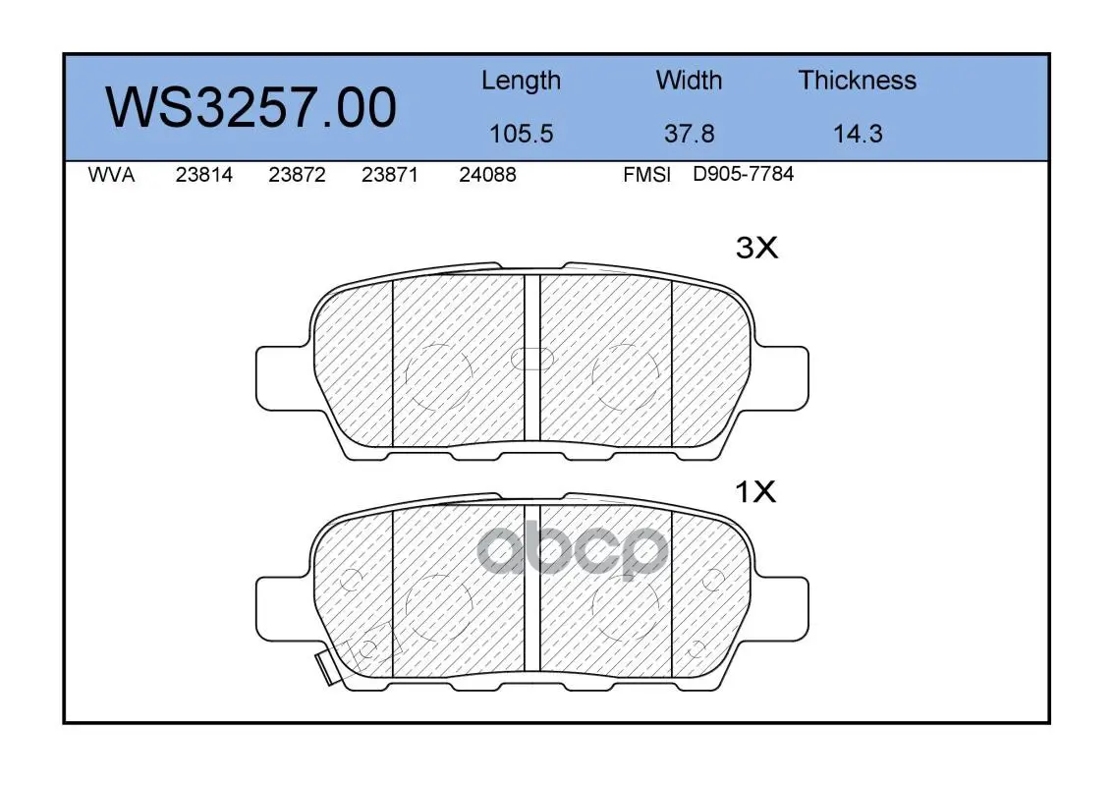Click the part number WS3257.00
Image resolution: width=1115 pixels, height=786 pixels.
click(x=251, y=108)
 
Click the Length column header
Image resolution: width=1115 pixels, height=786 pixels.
click(x=522, y=82)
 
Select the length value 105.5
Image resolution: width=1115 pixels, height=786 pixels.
click(x=522, y=134)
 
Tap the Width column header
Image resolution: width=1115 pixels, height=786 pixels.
click(x=689, y=80)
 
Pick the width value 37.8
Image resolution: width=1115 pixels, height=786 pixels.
click(x=689, y=134)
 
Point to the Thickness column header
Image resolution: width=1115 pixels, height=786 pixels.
click(x=857, y=80)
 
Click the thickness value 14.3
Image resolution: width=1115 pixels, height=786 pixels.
click(x=858, y=134)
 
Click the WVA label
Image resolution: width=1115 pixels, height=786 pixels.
click(x=111, y=175)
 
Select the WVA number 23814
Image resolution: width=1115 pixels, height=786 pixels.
click(x=204, y=175)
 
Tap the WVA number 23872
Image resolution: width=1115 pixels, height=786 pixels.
click(x=297, y=175)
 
